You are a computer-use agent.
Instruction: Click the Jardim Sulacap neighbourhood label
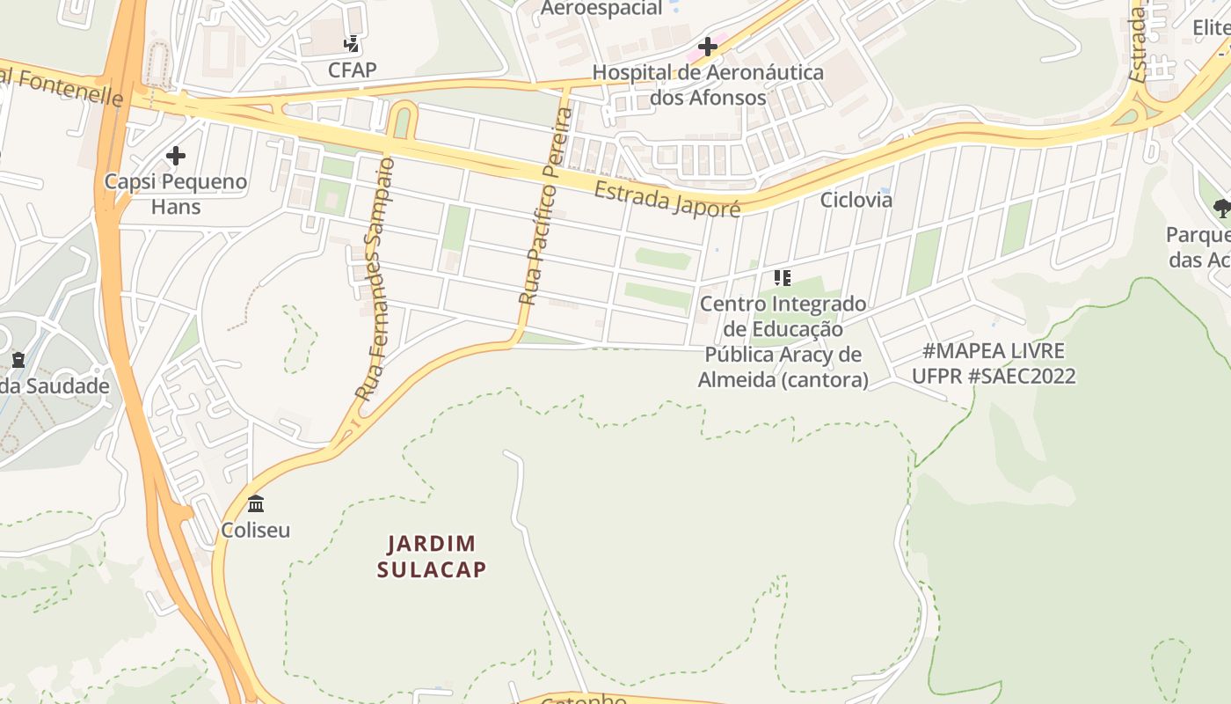431,556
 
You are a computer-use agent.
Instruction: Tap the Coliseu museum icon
256,504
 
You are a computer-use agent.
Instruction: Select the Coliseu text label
256,531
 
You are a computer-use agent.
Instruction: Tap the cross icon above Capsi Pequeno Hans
176,157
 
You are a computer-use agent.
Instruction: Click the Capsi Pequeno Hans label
176,194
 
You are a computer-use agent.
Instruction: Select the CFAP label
352,70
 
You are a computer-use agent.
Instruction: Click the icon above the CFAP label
352,44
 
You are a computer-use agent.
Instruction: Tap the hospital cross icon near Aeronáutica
707,47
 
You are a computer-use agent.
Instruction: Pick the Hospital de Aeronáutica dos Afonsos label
708,84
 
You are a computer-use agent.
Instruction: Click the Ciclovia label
856,200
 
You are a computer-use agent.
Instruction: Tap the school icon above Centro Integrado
783,278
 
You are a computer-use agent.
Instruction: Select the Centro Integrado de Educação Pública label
783,341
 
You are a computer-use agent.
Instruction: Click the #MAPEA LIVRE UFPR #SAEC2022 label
994,363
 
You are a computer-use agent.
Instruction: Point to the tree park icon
1222,209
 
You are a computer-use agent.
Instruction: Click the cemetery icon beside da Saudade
18,360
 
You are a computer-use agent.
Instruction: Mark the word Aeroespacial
601,8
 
